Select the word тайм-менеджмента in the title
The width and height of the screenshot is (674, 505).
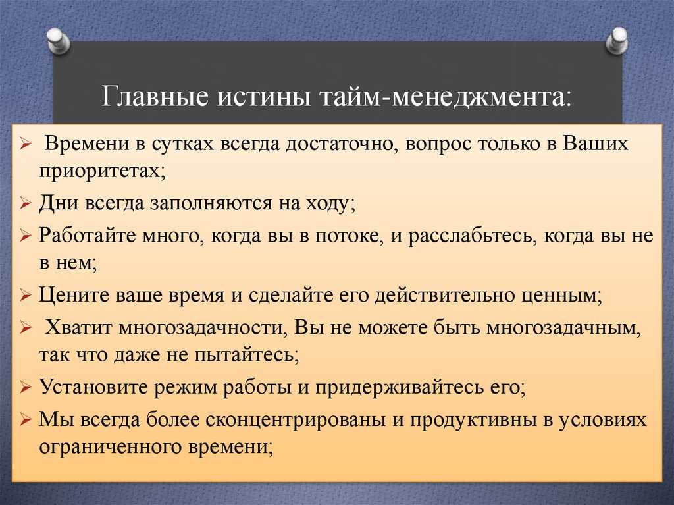(446, 96)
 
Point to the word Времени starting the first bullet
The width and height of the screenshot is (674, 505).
(87, 144)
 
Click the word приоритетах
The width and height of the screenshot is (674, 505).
(102, 172)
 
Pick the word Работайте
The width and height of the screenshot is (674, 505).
(88, 236)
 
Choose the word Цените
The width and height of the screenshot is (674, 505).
(74, 296)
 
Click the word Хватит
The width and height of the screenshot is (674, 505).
(79, 328)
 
